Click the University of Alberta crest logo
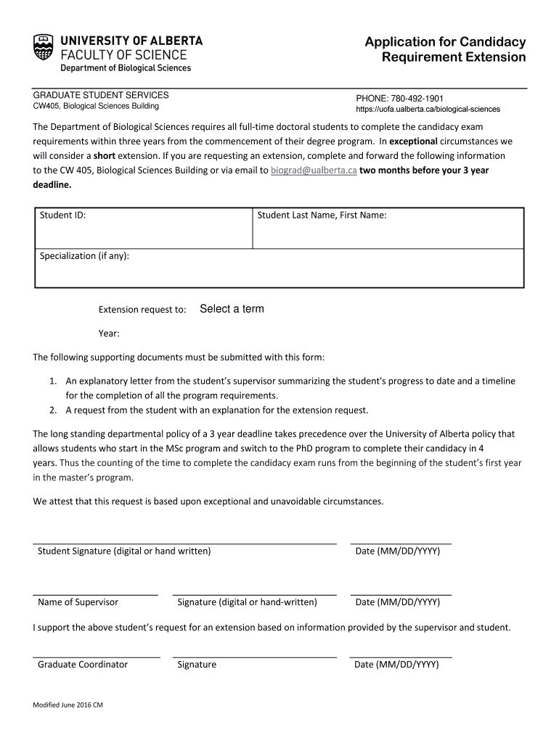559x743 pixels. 44,47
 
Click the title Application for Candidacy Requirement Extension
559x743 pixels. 445,49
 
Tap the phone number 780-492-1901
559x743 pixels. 417,98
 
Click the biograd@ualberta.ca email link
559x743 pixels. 314,171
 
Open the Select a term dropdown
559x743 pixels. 232,309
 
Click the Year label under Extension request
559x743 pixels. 109,334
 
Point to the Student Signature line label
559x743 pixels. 124,551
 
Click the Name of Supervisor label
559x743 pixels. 78,602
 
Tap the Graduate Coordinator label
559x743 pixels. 83,665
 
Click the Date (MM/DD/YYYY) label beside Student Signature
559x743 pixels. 397,551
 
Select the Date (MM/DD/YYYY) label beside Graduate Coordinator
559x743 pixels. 396,665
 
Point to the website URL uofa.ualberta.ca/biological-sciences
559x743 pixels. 428,110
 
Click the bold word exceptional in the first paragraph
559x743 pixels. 414,141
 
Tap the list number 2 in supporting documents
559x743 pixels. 54,410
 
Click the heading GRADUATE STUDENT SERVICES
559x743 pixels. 101,95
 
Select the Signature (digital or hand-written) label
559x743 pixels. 247,602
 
